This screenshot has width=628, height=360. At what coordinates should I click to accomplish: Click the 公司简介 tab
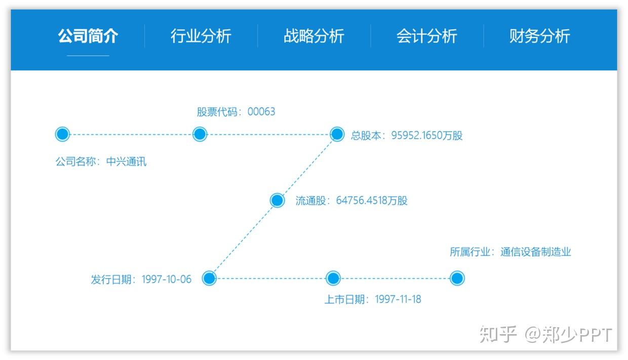pos(88,36)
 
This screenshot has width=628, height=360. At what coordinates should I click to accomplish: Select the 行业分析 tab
pos(201,36)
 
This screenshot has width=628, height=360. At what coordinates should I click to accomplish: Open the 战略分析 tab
pos(313,36)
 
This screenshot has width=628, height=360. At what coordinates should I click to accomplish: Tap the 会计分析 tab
pos(426,36)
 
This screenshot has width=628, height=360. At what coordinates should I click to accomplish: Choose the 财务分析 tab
pos(539,36)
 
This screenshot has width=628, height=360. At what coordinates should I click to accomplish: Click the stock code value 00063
pos(261,112)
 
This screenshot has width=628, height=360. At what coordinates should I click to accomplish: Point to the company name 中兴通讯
pos(126,162)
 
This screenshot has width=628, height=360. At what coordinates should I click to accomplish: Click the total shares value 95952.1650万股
pos(426,136)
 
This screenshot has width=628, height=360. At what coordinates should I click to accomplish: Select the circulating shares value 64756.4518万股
pos(372,201)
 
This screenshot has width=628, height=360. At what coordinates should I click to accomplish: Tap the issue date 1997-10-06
pos(167,279)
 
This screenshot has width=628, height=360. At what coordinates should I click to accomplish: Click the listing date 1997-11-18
pos(398,299)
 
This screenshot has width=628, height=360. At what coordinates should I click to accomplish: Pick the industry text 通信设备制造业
pos(535,252)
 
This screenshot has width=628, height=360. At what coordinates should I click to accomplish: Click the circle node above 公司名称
pos(62,134)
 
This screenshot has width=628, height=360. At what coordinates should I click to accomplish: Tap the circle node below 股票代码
pos(200,134)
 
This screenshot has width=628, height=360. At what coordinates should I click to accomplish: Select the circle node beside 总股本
pos(337,134)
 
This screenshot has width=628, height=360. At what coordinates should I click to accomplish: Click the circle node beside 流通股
pos(277,201)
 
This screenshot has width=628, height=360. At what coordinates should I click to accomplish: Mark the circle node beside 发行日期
pos(209,278)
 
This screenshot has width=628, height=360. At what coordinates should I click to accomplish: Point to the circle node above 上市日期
pos(333,278)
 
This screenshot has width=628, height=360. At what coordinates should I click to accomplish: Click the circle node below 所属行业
pos(457,278)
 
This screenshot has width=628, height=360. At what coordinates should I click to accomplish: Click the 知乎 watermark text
pos(498,335)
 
